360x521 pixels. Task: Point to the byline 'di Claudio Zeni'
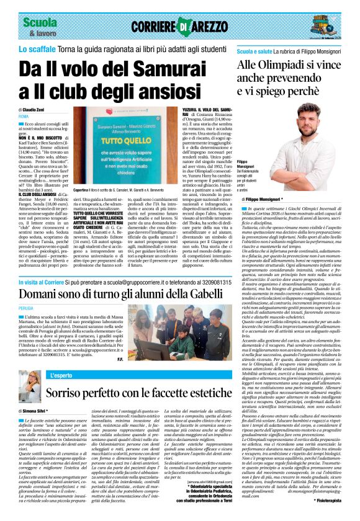click(x=35, y=109)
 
